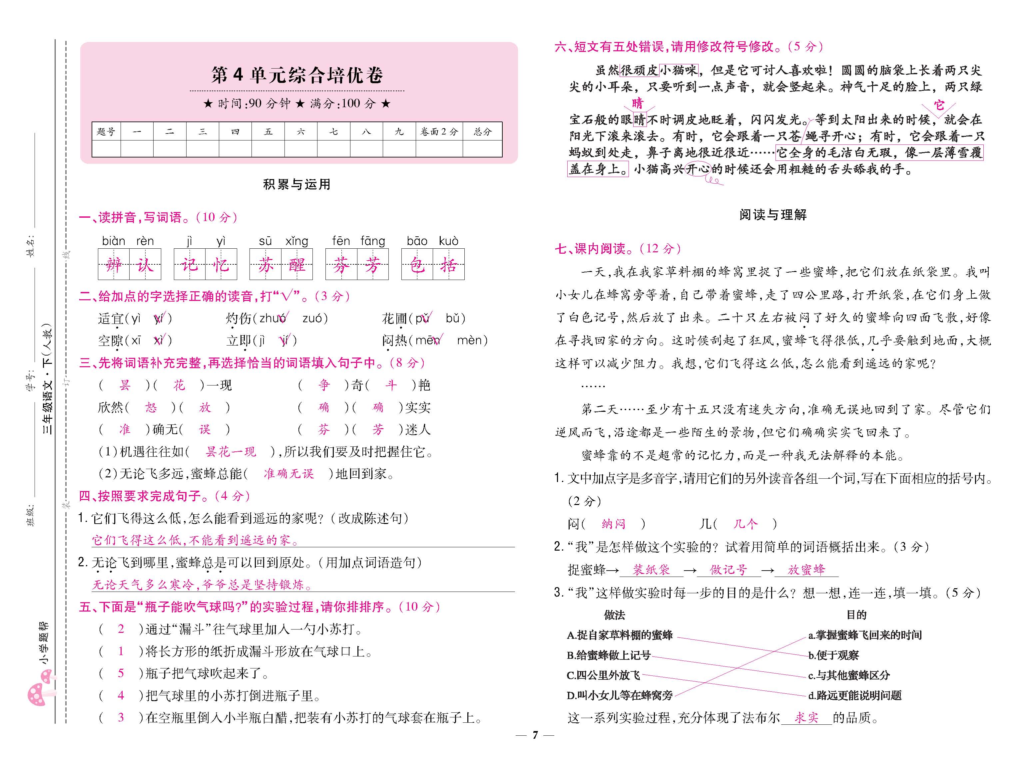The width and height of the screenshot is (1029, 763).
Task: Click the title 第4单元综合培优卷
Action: tap(297, 75)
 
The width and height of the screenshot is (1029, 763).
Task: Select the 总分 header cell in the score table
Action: tap(482, 131)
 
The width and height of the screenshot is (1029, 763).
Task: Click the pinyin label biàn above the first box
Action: tap(114, 241)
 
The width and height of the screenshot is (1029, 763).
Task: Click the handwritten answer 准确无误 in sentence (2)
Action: tap(288, 473)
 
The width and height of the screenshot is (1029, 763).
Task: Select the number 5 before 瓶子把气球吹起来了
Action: tap(121, 673)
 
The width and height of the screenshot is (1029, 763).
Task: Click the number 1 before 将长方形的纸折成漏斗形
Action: tap(121, 651)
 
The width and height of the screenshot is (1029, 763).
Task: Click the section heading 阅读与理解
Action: tap(772, 215)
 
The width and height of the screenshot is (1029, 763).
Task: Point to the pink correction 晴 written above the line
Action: tap(638, 103)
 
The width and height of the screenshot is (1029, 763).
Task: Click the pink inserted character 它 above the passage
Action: tap(939, 105)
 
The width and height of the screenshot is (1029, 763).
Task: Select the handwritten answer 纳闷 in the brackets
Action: tap(613, 524)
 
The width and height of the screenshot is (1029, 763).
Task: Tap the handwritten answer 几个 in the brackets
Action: tap(745, 524)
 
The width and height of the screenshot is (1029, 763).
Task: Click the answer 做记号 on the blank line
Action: tap(728, 570)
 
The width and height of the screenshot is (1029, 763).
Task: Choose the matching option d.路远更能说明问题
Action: tap(855, 695)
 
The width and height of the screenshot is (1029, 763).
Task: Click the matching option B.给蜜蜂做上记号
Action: tap(609, 655)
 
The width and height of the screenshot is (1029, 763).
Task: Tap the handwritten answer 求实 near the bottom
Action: tap(806, 717)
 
